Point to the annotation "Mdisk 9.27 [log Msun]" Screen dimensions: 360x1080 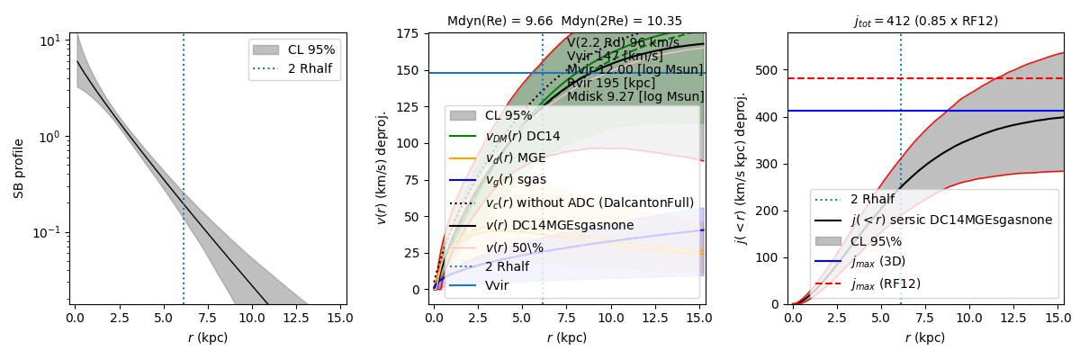click(x=635, y=96)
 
